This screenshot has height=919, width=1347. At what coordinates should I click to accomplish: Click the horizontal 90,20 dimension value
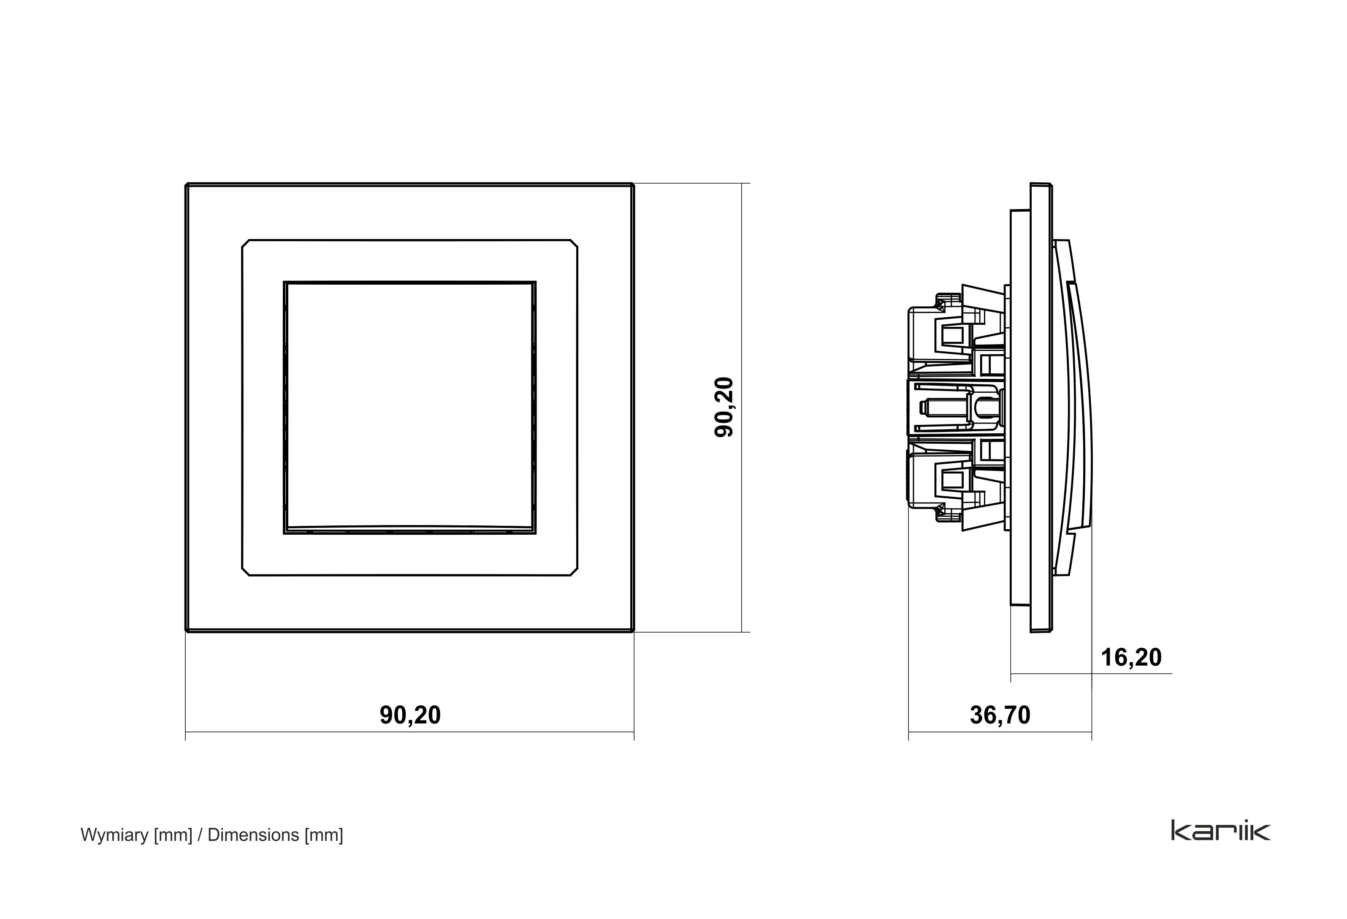[410, 715]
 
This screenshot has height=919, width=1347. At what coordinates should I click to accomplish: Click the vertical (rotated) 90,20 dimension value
[724, 407]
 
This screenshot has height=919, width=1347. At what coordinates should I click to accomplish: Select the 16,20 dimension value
[1131, 658]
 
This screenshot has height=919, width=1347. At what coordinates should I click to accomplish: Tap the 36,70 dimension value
[1000, 715]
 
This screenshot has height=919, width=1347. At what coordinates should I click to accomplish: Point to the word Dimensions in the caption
[253, 835]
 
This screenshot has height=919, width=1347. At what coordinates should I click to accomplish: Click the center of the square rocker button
[410, 408]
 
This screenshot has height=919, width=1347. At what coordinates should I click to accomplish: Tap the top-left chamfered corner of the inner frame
[246, 244]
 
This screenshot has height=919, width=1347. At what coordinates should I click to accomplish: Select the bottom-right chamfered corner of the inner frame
[574, 572]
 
